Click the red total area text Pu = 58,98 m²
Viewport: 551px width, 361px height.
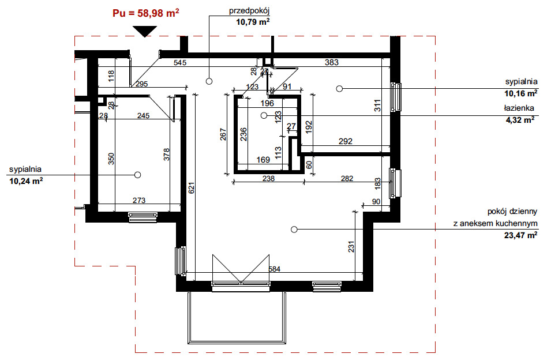pyautogui.click(x=146, y=13)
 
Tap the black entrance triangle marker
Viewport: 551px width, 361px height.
pyautogui.click(x=145, y=31)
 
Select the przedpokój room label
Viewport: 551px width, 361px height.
pyautogui.click(x=249, y=11)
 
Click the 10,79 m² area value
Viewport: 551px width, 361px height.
pyautogui.click(x=253, y=22)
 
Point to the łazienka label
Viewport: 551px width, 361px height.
pyautogui.click(x=519, y=108)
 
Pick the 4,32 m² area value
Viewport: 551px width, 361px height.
pyautogui.click(x=520, y=120)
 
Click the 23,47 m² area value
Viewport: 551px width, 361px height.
pyautogui.click(x=521, y=235)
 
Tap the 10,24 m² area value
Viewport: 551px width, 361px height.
pyautogui.click(x=26, y=181)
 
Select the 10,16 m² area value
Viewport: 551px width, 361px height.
pyautogui.click(x=521, y=93)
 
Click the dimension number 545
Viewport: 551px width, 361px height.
pyautogui.click(x=180, y=63)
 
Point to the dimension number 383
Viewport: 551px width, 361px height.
pyautogui.click(x=331, y=62)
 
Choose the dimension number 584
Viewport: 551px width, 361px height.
pyautogui.click(x=275, y=269)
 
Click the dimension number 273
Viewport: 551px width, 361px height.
pyautogui.click(x=139, y=201)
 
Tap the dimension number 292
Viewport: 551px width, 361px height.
pyautogui.click(x=346, y=141)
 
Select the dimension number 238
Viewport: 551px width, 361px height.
pyautogui.click(x=268, y=178)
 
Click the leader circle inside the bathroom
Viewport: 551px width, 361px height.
pyautogui.click(x=264, y=115)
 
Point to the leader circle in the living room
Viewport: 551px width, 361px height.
pyautogui.click(x=294, y=230)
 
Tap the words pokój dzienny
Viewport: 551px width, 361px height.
pyautogui.click(x=512, y=212)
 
